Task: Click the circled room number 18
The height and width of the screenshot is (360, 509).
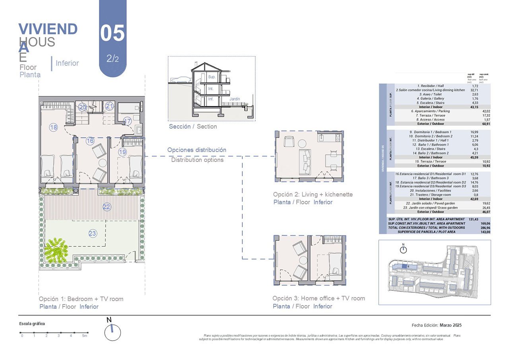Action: (x=53, y=127)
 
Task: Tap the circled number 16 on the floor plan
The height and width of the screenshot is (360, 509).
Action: (x=90, y=141)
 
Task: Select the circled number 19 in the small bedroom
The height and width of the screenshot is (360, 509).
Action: (x=122, y=152)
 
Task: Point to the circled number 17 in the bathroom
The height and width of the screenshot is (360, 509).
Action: (x=127, y=121)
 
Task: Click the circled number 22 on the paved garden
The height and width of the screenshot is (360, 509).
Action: (x=107, y=207)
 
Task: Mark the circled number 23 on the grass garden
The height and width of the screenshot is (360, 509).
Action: (x=93, y=234)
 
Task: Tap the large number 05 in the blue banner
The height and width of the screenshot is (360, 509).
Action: (x=112, y=33)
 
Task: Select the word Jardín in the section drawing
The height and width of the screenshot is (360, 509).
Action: (x=235, y=99)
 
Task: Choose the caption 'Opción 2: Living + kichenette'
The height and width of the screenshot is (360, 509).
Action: (x=313, y=195)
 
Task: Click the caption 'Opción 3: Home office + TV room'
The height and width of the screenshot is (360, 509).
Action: (x=319, y=298)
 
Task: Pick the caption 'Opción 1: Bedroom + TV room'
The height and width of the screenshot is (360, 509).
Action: (x=81, y=299)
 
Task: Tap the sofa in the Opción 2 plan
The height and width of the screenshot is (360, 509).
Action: (x=306, y=161)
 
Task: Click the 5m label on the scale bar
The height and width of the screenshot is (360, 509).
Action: (x=84, y=336)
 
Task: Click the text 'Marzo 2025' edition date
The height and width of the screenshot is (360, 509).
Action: (x=451, y=325)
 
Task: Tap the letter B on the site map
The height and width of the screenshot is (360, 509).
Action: (x=408, y=267)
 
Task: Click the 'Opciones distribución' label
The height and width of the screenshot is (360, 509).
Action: (x=197, y=150)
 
